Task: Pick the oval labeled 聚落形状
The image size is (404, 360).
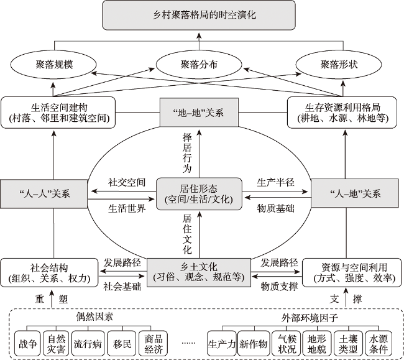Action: (337, 63)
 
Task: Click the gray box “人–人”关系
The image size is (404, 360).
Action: (42, 193)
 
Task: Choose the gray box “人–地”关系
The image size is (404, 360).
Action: (354, 193)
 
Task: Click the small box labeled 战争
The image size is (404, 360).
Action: (27, 342)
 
